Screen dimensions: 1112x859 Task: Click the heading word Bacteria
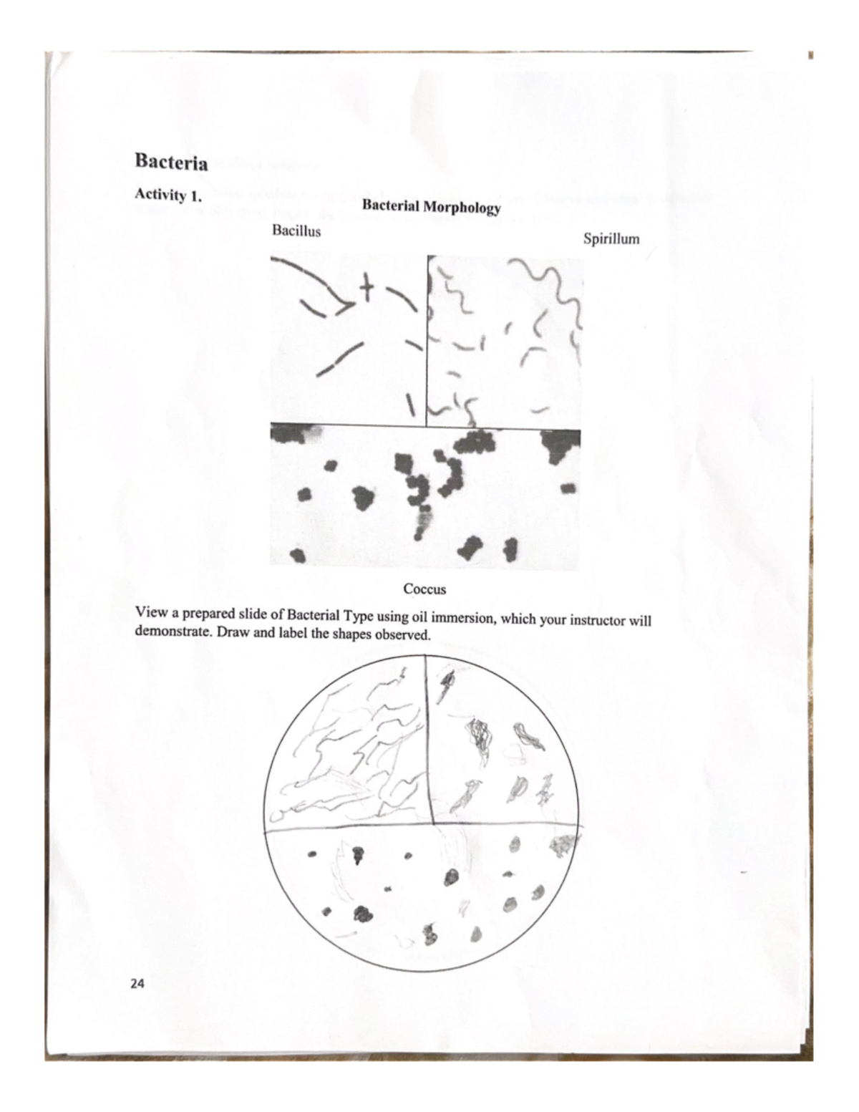point(171,163)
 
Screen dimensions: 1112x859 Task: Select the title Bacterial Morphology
point(431,208)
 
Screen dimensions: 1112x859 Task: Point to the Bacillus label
point(296,231)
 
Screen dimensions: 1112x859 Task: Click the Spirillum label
point(611,238)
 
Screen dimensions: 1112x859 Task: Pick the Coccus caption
point(424,589)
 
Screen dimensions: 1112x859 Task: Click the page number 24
point(137,984)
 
